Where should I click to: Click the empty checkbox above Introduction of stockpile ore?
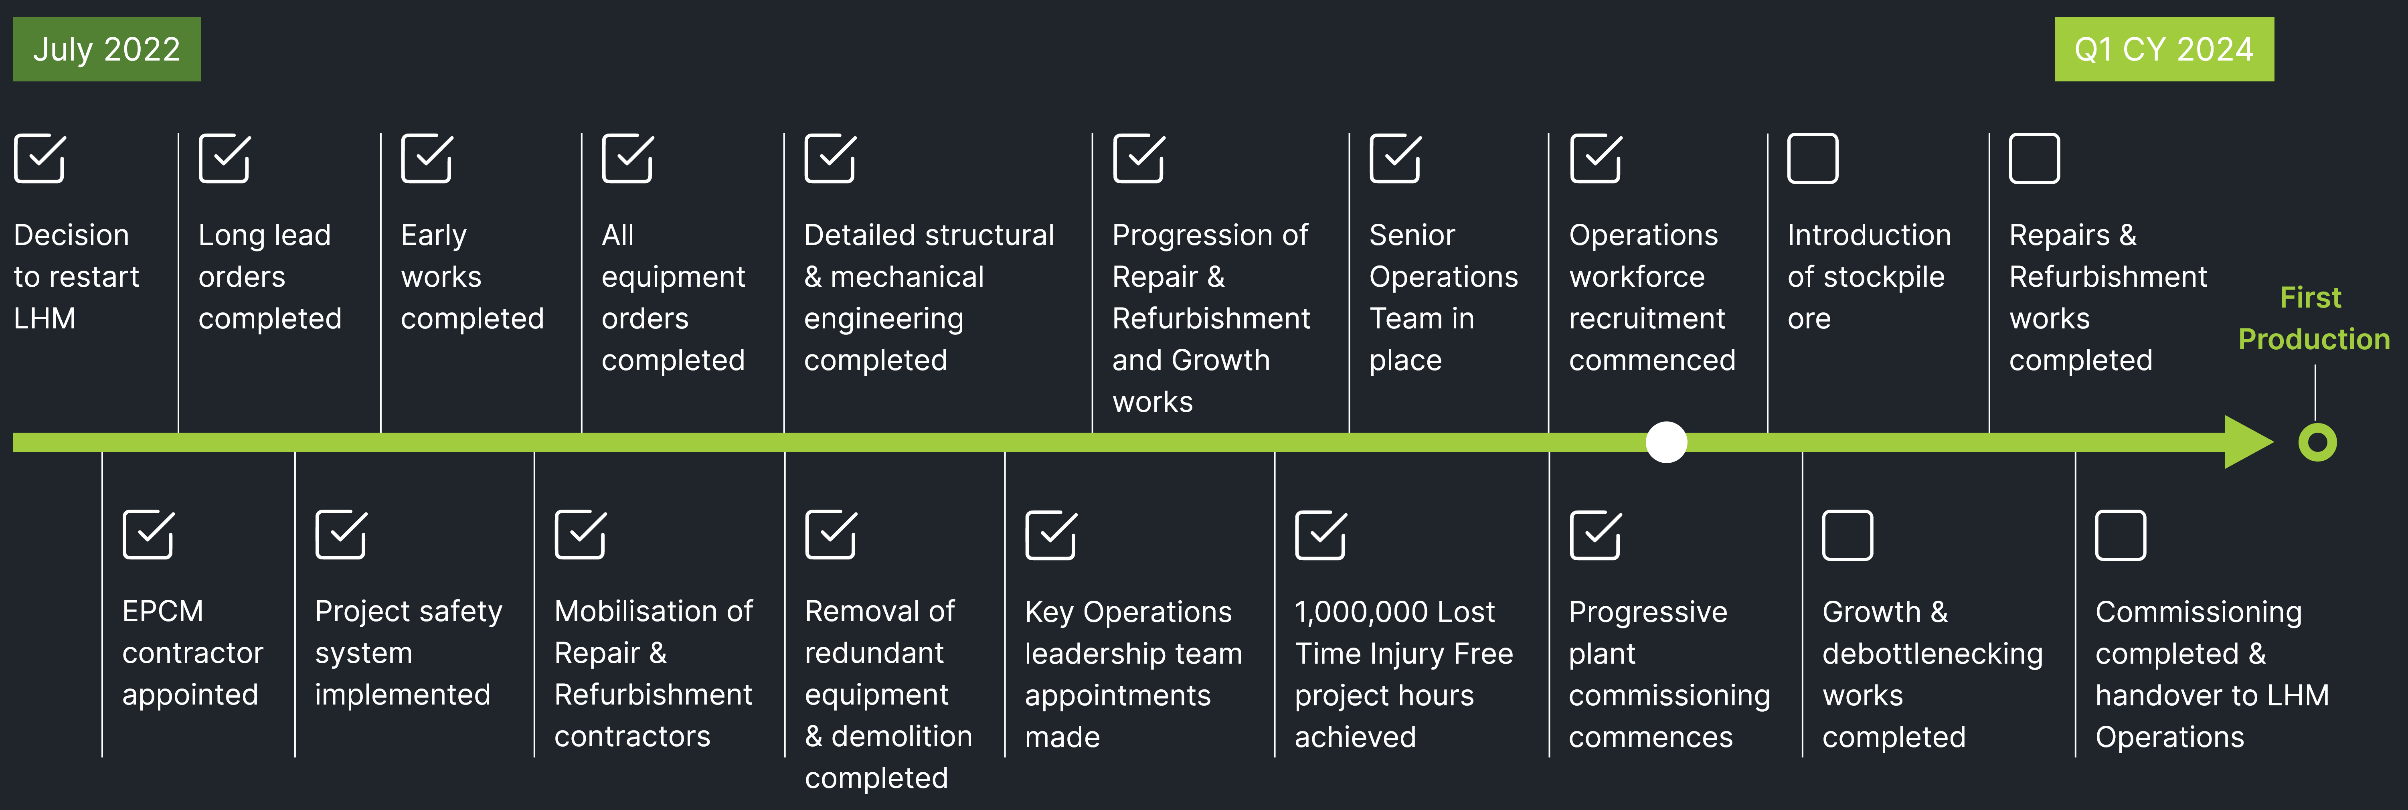tap(1813, 158)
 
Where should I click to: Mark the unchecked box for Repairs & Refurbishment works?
tap(2034, 158)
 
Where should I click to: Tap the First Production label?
tap(2314, 318)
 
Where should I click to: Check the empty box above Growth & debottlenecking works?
tap(1847, 535)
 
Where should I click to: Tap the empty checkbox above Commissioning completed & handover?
tap(2120, 535)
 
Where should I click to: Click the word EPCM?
tap(163, 611)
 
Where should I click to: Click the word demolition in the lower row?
tap(902, 736)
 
